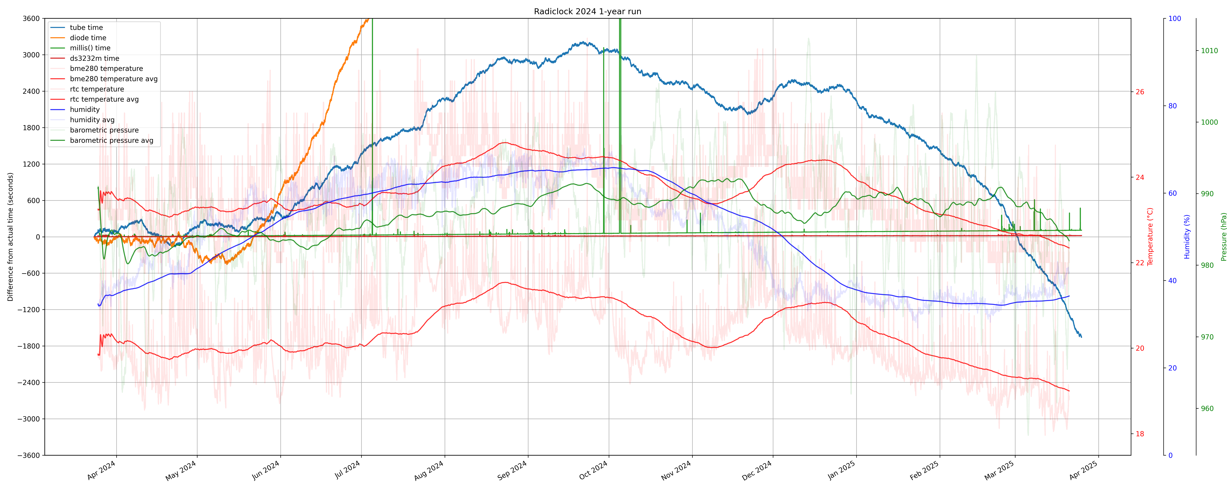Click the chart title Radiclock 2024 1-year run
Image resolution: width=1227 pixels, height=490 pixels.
[587, 11]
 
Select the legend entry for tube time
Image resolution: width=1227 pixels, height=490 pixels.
[86, 28]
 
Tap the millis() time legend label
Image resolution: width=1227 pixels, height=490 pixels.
[90, 48]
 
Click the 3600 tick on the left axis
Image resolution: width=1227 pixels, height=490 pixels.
[31, 19]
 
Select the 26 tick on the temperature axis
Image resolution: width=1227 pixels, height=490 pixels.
[1140, 92]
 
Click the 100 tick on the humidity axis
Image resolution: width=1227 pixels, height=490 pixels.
[1175, 19]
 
